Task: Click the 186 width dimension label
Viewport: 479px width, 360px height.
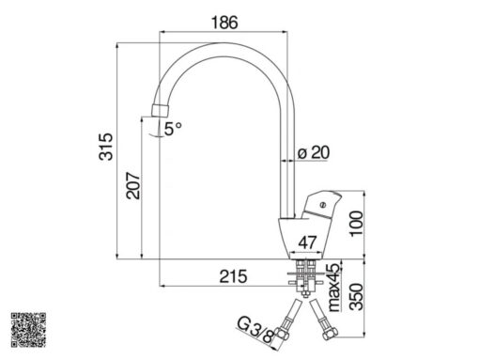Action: pyautogui.click(x=224, y=23)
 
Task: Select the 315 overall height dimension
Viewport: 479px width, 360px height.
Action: pyautogui.click(x=106, y=147)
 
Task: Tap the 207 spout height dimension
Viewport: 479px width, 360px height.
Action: pyautogui.click(x=133, y=185)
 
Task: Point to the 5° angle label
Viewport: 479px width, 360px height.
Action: pyautogui.click(x=173, y=129)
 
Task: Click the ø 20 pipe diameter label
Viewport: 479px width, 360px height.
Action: pyautogui.click(x=314, y=152)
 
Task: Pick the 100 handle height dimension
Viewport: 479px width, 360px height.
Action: pyautogui.click(x=356, y=224)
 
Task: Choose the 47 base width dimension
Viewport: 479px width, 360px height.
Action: pyautogui.click(x=307, y=243)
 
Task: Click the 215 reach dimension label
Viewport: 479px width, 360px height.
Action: pyautogui.click(x=233, y=276)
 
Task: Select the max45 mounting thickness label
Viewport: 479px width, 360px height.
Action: pyautogui.click(x=333, y=288)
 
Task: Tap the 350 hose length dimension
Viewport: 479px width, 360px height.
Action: pyautogui.click(x=356, y=297)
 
